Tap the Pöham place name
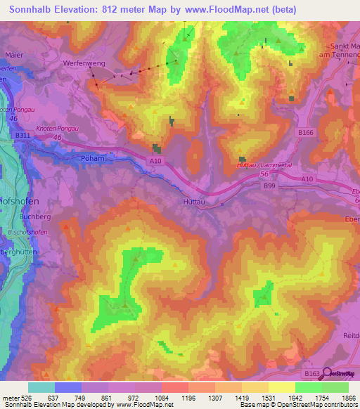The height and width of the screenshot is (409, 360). coord(92,158)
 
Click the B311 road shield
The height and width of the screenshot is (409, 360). coord(23,135)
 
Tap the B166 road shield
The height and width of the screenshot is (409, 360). coord(305,132)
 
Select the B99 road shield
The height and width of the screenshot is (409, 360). coord(269,186)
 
